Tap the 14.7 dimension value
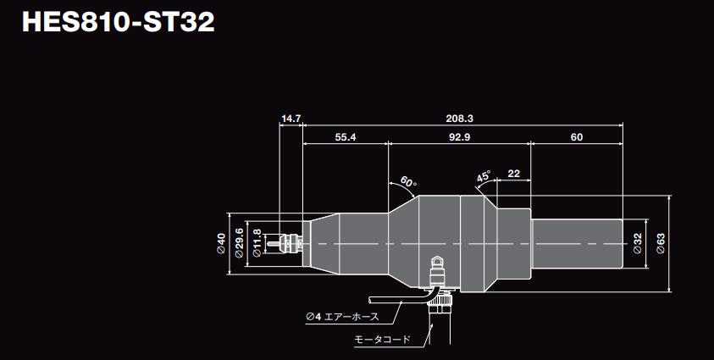(x=291, y=119)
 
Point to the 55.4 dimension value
(x=346, y=137)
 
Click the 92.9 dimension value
(x=460, y=137)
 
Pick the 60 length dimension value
(x=577, y=137)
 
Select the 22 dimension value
(x=513, y=174)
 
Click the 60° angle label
(x=408, y=182)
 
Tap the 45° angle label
(x=484, y=177)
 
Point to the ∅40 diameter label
(x=220, y=244)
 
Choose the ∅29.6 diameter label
(x=240, y=244)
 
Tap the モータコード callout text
(x=381, y=340)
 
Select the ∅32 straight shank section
(x=576, y=244)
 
